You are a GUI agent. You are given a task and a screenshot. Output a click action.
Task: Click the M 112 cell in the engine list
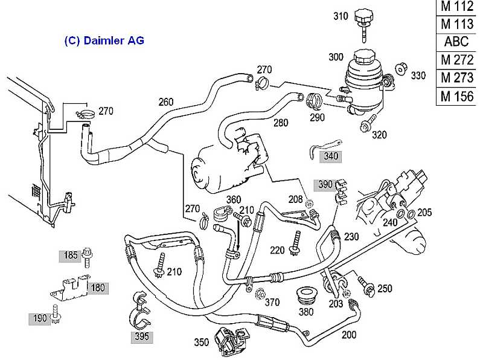457,7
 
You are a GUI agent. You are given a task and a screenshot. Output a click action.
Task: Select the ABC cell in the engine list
457,42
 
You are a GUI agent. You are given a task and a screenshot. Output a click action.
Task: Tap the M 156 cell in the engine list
457,95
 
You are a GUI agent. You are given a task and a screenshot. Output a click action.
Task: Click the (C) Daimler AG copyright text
104,41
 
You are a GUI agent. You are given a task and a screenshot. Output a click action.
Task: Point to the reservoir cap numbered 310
363,16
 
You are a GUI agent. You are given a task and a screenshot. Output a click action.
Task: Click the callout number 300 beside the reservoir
336,57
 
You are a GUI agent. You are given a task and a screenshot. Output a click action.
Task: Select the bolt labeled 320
366,126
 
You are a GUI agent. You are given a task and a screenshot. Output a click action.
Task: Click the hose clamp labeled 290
314,100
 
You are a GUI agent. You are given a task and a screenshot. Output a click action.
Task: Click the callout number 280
281,123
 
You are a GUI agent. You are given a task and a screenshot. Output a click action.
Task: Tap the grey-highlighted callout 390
325,184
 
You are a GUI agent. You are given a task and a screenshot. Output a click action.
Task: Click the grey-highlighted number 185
71,256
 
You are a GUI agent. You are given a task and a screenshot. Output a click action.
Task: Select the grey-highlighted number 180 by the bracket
98,288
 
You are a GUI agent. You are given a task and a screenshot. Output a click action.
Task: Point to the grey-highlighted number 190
40,318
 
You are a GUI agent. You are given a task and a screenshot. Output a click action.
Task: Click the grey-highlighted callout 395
143,337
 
